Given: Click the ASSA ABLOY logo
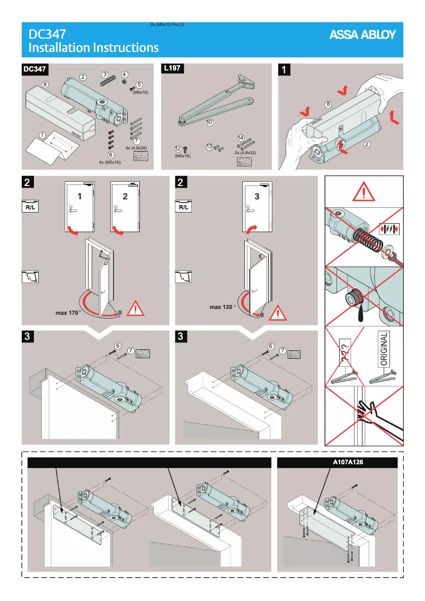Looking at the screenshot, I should [x=362, y=35].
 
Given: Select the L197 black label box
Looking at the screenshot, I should [x=172, y=69].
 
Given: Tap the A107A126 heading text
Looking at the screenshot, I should [x=348, y=462].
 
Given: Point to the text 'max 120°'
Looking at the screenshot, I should [x=222, y=307].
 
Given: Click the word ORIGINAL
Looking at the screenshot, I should [x=385, y=349].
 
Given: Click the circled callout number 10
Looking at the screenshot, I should [x=210, y=122].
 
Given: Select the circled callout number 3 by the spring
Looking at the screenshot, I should [x=105, y=75].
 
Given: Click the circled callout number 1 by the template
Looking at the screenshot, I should [x=41, y=135].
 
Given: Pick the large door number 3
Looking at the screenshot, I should [x=257, y=196].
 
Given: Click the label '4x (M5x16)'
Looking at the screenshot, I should [x=110, y=162].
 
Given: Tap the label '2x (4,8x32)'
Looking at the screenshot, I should [x=245, y=152].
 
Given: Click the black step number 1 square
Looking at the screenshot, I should [x=285, y=69].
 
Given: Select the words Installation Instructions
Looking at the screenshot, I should [x=93, y=48].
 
